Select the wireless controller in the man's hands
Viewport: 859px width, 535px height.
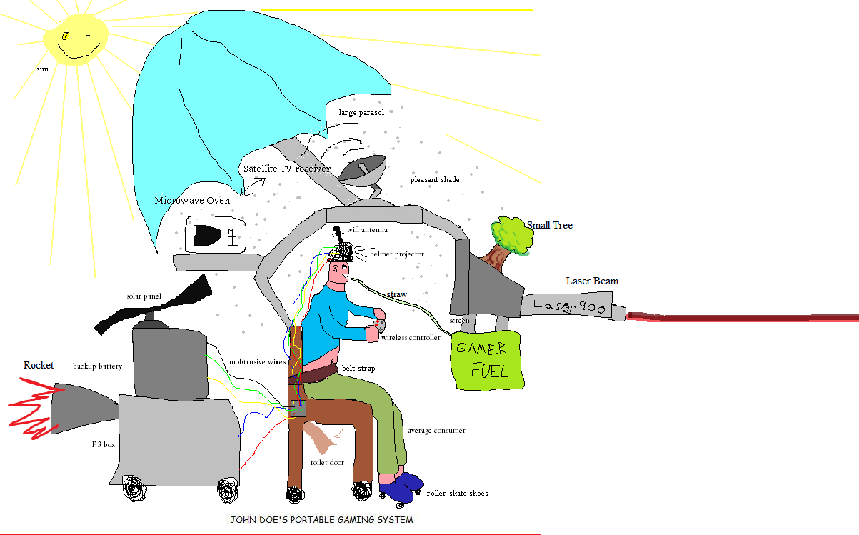point(378,326)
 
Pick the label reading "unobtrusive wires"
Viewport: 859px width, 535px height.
point(256,362)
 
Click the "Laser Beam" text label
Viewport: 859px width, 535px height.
point(592,281)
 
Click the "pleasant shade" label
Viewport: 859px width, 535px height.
point(434,179)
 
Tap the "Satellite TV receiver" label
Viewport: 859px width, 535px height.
point(286,169)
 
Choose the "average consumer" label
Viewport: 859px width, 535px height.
point(436,431)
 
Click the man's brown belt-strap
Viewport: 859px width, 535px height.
point(319,372)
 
